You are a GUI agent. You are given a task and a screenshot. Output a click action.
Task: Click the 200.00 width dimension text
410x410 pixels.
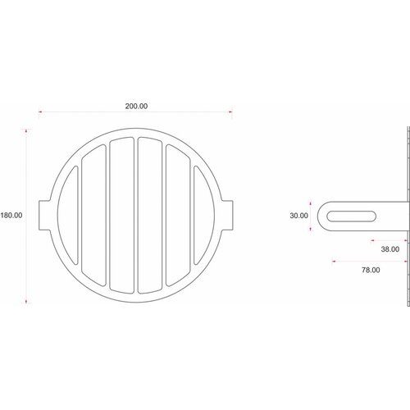pos(136,106)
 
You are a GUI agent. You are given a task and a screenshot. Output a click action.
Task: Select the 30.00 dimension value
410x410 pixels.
pos(298,216)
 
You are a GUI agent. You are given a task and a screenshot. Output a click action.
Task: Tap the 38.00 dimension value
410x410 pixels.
pos(367,248)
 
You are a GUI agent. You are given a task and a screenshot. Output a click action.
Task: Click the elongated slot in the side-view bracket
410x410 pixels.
pos(353,216)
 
